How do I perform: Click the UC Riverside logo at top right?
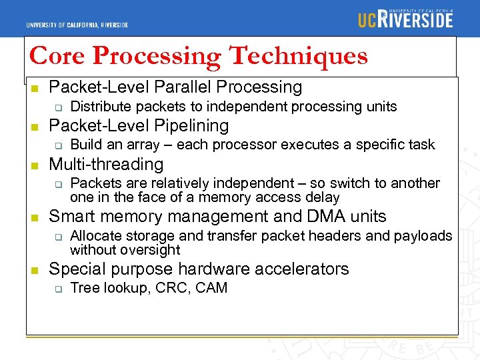(x=405, y=19)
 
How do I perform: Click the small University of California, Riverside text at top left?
(x=77, y=25)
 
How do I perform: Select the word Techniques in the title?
(x=298, y=55)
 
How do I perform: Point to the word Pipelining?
(x=192, y=125)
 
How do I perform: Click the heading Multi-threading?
(x=106, y=164)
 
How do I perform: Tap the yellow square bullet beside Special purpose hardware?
(x=34, y=270)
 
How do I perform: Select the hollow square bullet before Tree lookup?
(x=58, y=289)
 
